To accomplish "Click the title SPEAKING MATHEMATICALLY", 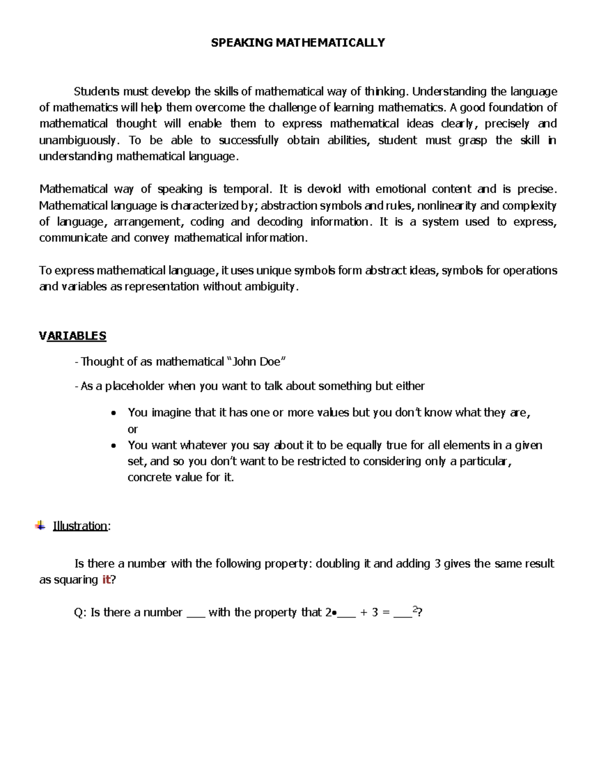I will click(x=297, y=43).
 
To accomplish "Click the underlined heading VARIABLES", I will click(x=73, y=336).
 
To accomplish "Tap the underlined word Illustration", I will click(x=80, y=526).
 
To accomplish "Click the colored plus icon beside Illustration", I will click(x=40, y=525).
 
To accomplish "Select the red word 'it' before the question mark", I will click(x=106, y=580).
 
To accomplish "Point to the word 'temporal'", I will click(x=246, y=189).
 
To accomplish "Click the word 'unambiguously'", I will click(x=78, y=140).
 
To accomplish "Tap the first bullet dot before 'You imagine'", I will click(x=114, y=413).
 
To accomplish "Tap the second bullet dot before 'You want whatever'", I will click(x=114, y=445).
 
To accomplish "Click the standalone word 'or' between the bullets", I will click(x=133, y=429).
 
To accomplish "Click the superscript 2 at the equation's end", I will click(x=414, y=610).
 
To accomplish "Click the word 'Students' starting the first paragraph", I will click(x=97, y=91).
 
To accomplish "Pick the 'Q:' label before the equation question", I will click(x=80, y=613).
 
